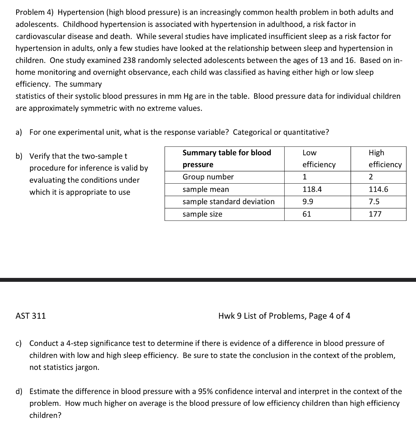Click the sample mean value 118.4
[312, 190]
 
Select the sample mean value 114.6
[378, 190]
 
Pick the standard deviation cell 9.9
[308, 202]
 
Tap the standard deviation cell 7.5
[374, 202]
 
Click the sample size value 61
[307, 214]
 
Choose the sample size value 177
[375, 214]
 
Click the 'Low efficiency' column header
[319, 159]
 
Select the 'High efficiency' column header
[385, 159]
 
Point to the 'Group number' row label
[208, 177]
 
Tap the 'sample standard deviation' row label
[228, 202]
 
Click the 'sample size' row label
[202, 214]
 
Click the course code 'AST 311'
[31, 316]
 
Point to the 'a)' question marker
[19, 132]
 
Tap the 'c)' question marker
[19, 343]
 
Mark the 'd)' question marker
[19, 391]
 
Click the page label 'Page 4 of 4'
[329, 316]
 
